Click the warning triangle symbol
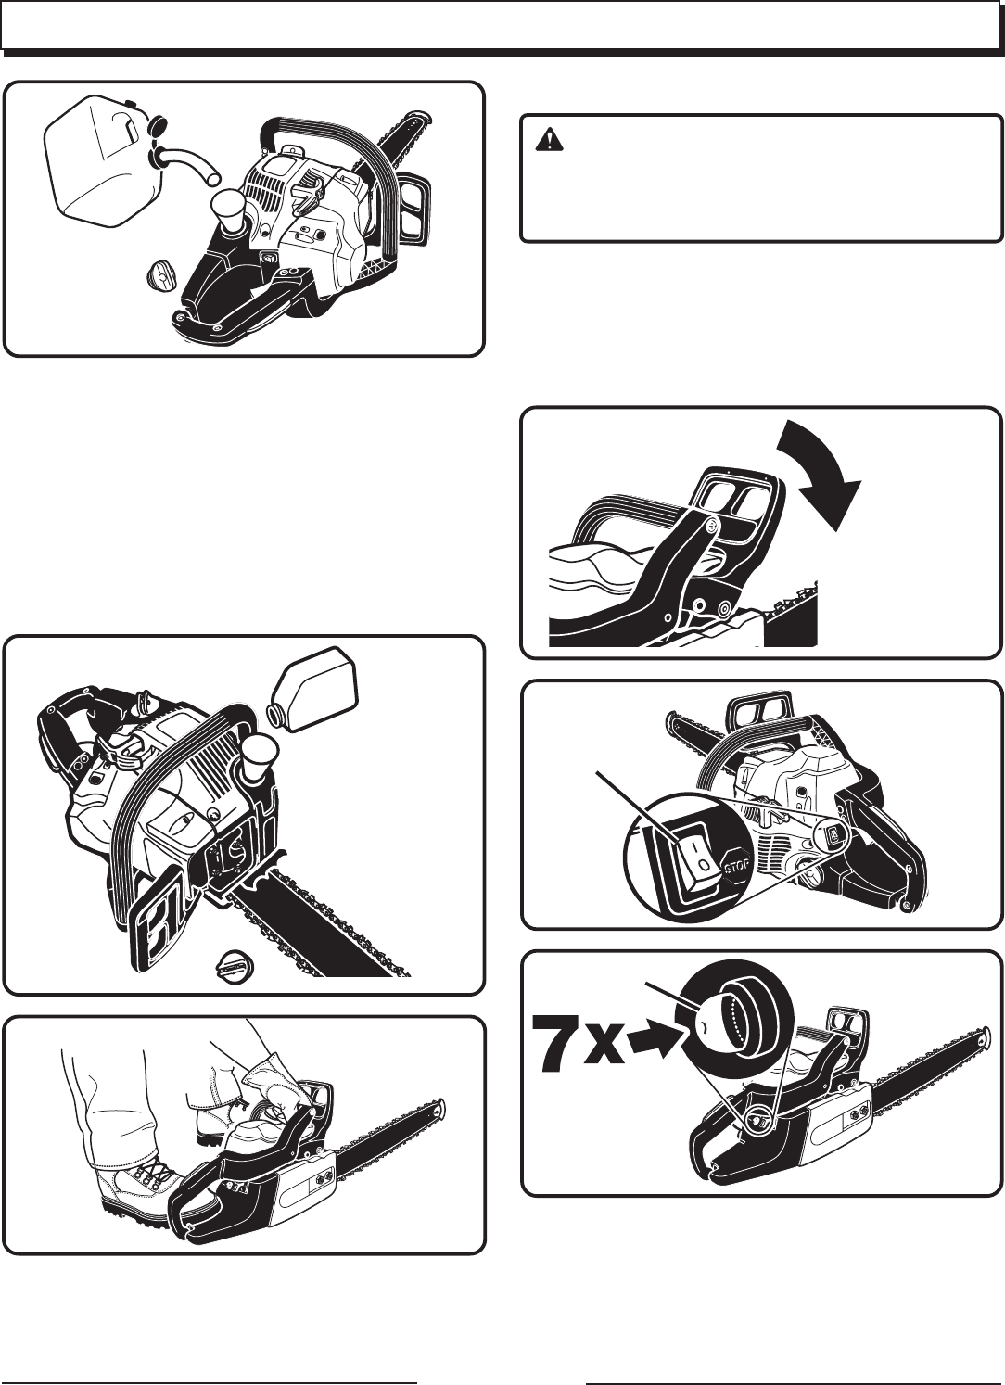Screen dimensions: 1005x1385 coord(549,140)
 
